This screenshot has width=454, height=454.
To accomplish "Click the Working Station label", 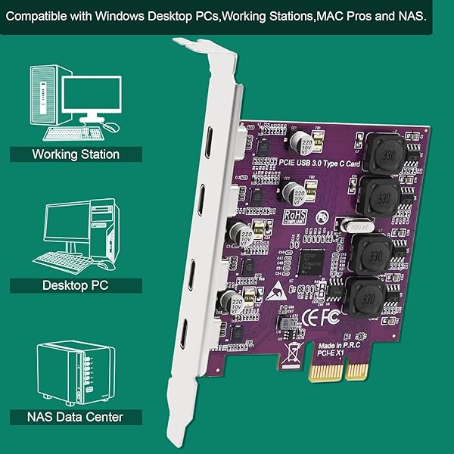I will pos(76,154).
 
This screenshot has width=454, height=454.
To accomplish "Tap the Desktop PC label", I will pos(76,285).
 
